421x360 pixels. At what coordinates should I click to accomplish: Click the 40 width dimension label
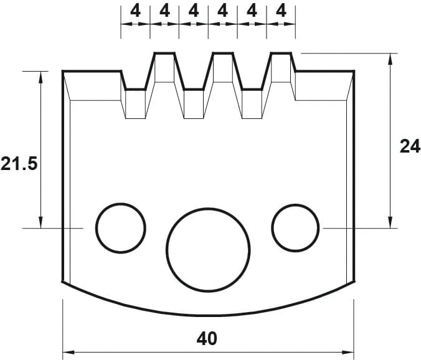coord(207,339)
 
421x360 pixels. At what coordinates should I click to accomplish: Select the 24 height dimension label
coord(409,146)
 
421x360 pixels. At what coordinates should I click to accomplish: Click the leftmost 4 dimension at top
coord(135,11)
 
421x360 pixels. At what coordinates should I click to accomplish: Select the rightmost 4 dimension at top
coord(281,11)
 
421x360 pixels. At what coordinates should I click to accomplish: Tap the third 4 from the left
coord(194,11)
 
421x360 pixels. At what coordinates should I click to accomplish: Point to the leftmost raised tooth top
coord(164,54)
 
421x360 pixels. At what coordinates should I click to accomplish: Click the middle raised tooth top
coord(222,54)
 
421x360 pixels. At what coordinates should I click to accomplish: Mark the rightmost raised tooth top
coord(281,54)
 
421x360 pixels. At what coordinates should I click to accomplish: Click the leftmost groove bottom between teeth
coord(135,89)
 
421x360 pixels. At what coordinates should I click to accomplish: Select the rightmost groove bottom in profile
coord(252,89)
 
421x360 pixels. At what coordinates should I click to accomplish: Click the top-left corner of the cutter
coord(64,72)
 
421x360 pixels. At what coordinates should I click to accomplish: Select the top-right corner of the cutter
coord(354,72)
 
